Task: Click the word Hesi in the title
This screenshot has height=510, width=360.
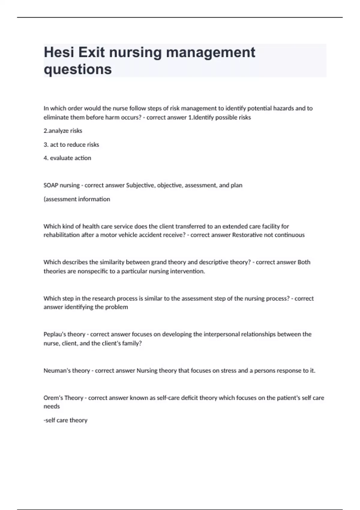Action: tap(59, 52)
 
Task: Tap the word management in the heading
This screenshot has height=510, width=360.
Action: tap(211, 52)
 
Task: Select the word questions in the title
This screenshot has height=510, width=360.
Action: tap(78, 69)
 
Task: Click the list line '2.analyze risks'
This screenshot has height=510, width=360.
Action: tap(63, 131)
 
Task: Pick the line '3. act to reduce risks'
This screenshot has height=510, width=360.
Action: tap(71, 145)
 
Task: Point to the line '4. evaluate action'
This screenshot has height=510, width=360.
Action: tap(67, 158)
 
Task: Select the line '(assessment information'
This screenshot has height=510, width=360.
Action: tap(77, 199)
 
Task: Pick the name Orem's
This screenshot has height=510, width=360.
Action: tap(53, 398)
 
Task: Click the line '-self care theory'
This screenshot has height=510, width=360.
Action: tap(65, 420)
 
